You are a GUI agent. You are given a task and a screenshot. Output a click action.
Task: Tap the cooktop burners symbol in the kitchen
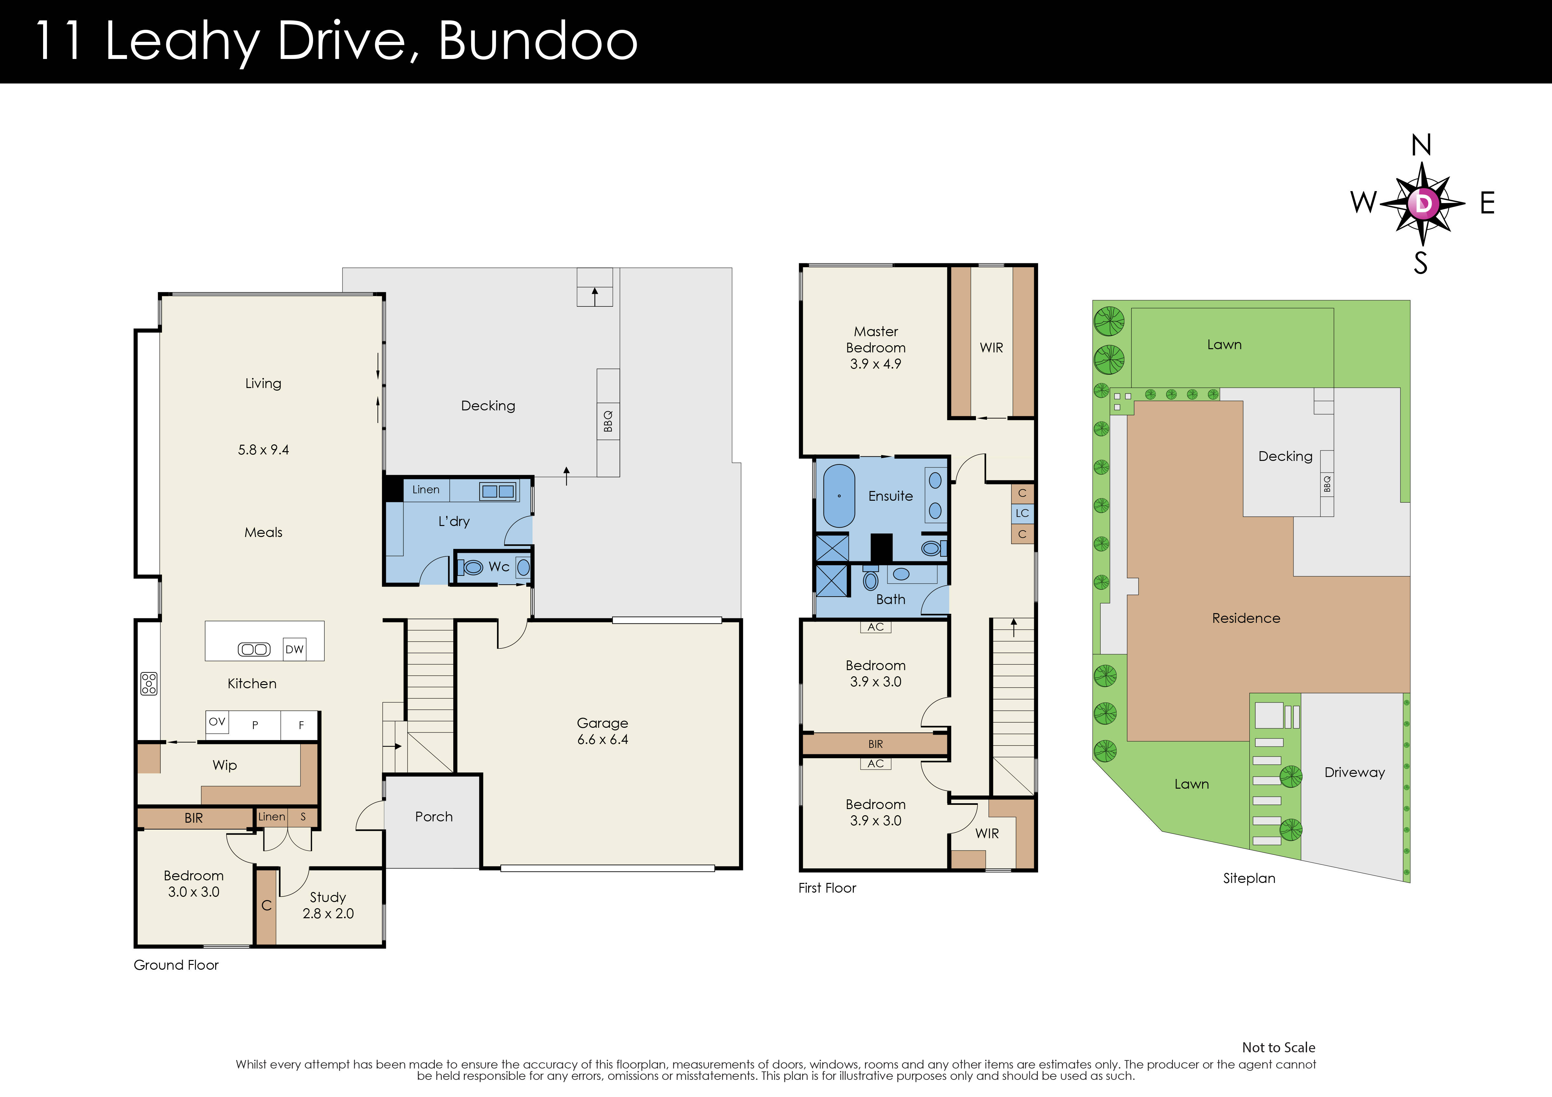pos(149,683)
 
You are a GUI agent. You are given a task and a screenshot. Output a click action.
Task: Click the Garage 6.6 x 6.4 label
pos(602,731)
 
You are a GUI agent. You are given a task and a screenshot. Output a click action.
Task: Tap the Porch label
pos(433,817)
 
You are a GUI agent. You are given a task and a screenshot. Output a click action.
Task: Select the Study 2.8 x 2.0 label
pos(328,905)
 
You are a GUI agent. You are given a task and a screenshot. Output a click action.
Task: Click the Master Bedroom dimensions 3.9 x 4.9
pos(875,364)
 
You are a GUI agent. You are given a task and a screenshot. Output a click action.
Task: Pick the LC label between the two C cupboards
pos(1022,513)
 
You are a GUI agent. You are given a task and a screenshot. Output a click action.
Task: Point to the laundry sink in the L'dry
pos(498,491)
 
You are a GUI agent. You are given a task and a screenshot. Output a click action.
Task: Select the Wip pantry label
pos(225,765)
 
